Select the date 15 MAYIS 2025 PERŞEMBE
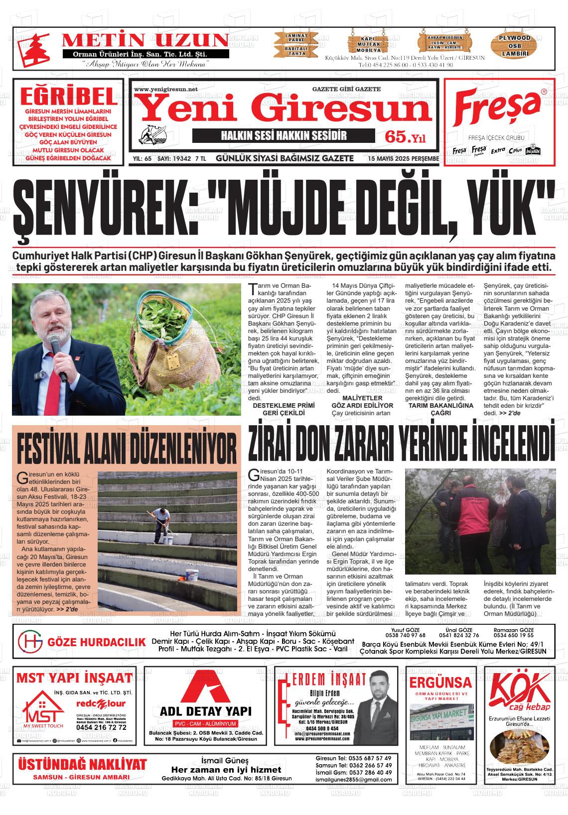pos(403,159)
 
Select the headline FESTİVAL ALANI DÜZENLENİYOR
pos(127,447)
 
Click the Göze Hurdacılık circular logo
pos(30,641)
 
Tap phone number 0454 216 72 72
pos(101,727)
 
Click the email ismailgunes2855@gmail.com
pos(355,780)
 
